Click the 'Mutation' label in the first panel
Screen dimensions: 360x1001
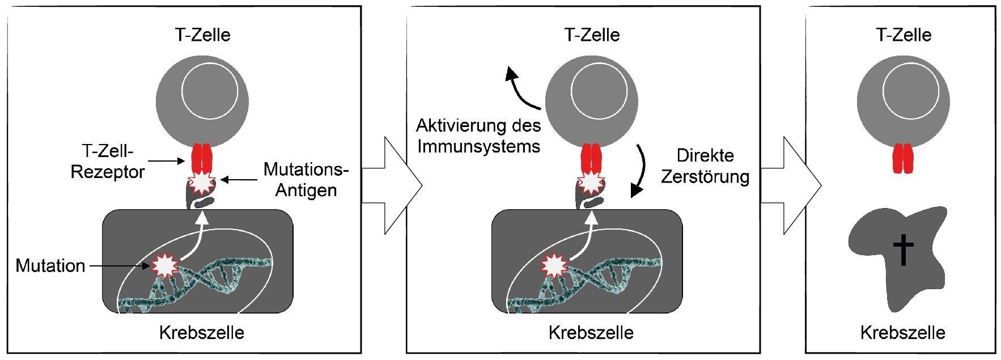(50, 265)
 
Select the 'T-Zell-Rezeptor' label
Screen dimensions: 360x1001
(108, 162)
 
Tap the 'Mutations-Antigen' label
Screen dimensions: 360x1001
(306, 179)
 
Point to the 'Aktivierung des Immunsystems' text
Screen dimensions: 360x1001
(478, 136)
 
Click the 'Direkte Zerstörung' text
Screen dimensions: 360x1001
(705, 166)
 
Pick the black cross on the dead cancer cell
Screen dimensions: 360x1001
(904, 249)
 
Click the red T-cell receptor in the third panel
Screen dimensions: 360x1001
(904, 158)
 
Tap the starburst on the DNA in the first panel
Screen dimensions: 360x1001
(165, 265)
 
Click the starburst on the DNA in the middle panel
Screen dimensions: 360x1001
(554, 265)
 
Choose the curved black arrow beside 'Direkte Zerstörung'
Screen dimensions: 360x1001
(641, 170)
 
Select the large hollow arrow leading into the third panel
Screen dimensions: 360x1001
(791, 185)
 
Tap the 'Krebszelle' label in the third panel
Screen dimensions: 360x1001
(903, 332)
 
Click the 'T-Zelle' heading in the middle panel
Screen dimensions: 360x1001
(592, 35)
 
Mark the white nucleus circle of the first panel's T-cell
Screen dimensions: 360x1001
(210, 91)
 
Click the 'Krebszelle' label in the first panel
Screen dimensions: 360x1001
(202, 332)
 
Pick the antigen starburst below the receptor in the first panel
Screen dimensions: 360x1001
(202, 183)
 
